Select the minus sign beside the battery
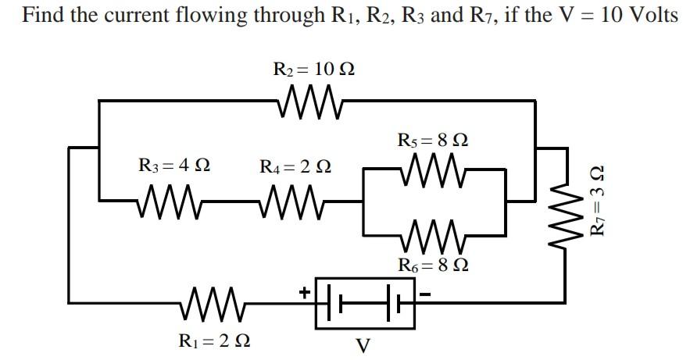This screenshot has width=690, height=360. coord(427,293)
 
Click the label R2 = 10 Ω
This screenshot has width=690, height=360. coord(313,69)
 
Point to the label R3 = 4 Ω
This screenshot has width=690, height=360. coord(173,166)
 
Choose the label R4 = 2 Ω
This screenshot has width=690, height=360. coord(295,166)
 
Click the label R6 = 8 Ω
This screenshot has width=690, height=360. coord(433,265)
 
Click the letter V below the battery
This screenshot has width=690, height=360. coord(363,345)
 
